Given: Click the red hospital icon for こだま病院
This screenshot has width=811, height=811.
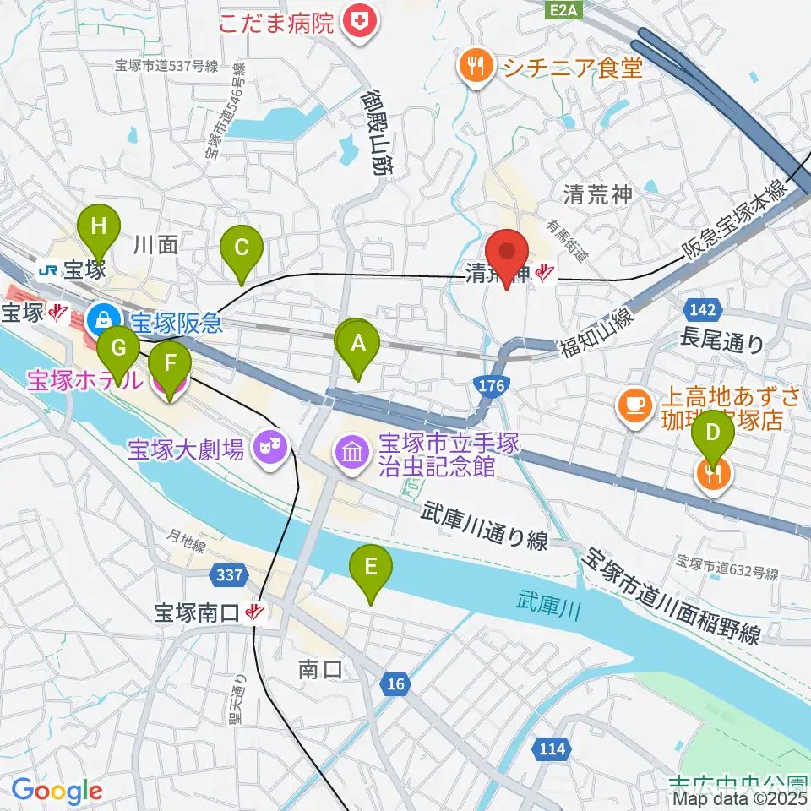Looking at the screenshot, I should click(360, 20).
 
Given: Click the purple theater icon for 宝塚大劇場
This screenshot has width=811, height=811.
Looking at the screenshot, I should click(269, 445).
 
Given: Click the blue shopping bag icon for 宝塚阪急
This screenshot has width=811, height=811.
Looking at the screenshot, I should click(102, 318).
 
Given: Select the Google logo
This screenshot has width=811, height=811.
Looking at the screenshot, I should click(56, 791).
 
